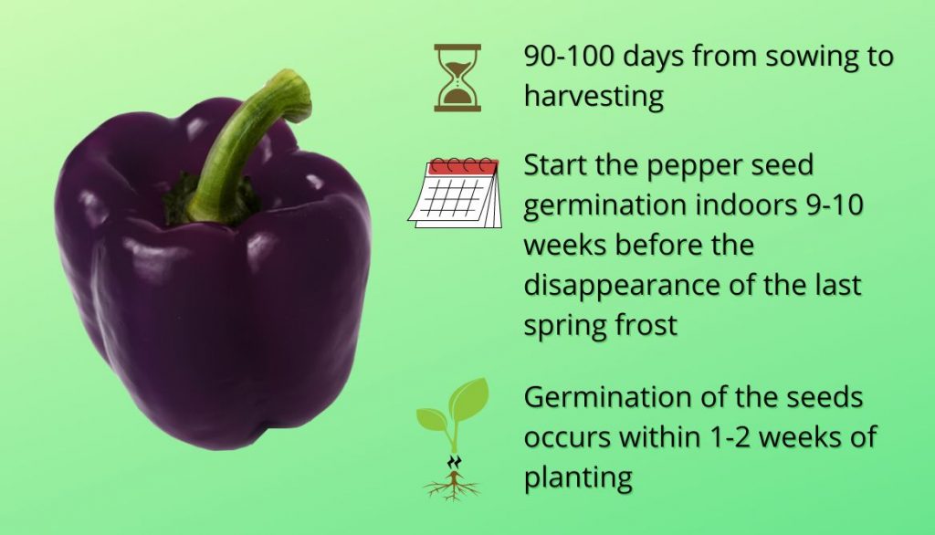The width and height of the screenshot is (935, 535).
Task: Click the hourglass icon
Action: coord(457,78)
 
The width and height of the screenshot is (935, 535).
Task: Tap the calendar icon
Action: coord(455,193)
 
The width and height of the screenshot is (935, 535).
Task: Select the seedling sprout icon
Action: coord(453,439)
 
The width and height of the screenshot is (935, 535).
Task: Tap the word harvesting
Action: coord(594,96)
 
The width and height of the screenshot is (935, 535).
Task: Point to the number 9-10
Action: coord(835,205)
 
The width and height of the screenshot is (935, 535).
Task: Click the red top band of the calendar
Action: coord(463,167)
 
